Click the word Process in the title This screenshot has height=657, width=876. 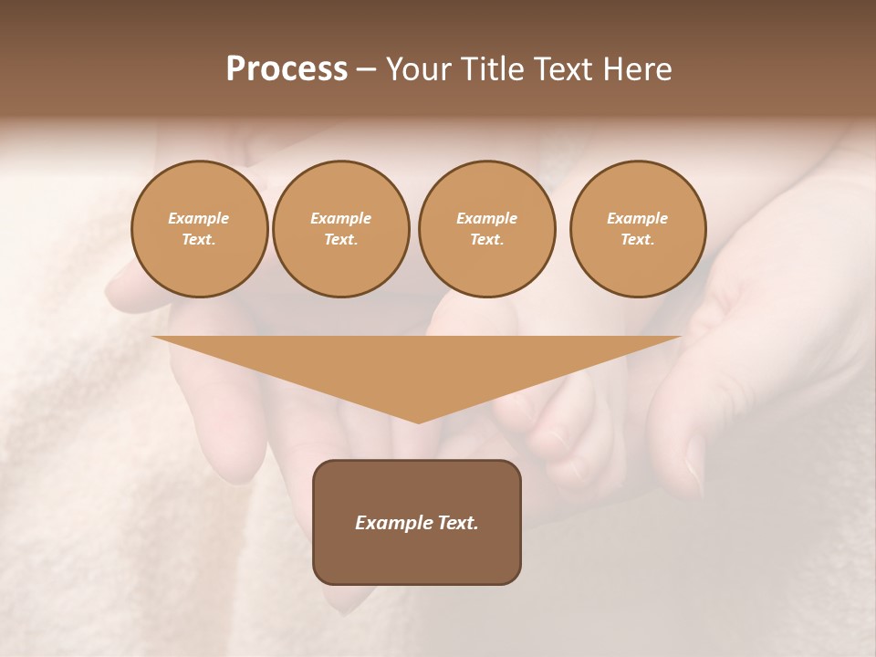click(x=287, y=69)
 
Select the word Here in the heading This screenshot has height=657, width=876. click(x=638, y=69)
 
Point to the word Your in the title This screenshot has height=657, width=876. click(x=418, y=69)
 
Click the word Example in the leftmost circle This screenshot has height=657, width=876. click(x=199, y=218)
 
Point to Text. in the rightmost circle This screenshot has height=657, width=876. click(x=638, y=239)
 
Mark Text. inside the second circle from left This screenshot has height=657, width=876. click(x=341, y=239)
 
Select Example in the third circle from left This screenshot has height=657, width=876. click(x=487, y=218)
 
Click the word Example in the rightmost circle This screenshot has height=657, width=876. click(x=638, y=218)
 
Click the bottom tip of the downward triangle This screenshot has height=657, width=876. click(x=418, y=421)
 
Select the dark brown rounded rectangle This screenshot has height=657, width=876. click(x=417, y=557)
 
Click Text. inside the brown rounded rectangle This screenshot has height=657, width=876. click(x=459, y=523)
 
